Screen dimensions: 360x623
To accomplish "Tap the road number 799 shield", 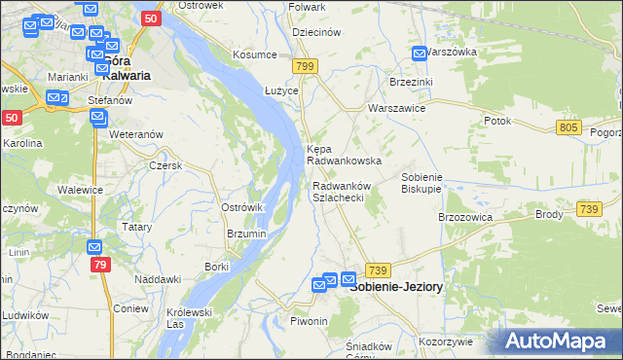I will tap(306, 66).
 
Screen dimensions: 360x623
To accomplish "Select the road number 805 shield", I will tap(570, 127).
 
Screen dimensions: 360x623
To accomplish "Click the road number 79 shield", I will tap(99, 264).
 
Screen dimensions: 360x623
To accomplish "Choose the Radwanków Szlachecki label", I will tap(339, 191).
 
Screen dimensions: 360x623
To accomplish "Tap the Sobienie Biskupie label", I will tap(422, 184).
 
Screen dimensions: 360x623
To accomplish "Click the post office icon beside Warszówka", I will tap(419, 54).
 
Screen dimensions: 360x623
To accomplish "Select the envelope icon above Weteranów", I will tap(97, 118).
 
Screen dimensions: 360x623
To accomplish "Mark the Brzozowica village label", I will tap(466, 217).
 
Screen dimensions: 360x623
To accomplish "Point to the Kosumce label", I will tap(254, 54).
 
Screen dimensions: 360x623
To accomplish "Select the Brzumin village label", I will tap(245, 234).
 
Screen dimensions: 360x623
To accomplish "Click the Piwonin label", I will tap(309, 321).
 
